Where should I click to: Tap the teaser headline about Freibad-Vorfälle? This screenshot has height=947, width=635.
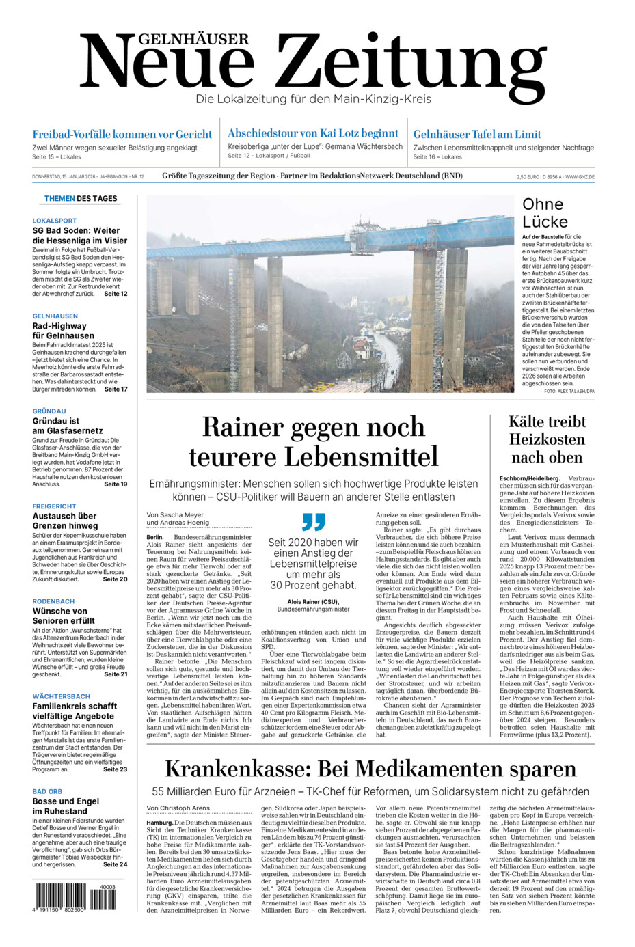[x=122, y=135]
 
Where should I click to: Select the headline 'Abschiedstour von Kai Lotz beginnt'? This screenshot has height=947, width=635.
[x=313, y=133]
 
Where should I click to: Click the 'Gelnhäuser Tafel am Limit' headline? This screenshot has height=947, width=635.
[x=477, y=135]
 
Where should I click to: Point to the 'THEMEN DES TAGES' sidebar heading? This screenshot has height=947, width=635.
[x=81, y=199]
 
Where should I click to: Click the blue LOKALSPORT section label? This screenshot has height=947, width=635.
[x=55, y=221]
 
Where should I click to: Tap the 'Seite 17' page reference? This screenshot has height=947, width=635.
[x=116, y=389]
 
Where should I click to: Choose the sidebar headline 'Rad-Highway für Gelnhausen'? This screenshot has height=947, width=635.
[x=64, y=331]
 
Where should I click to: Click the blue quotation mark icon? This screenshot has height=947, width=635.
[x=313, y=522]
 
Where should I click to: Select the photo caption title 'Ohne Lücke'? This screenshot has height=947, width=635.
[x=545, y=212]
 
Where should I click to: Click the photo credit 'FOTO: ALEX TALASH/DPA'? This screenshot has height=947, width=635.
[x=569, y=392]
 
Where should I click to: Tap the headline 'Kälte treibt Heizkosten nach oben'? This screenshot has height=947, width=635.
[x=547, y=439]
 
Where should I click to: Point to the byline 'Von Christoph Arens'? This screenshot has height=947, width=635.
[x=178, y=808]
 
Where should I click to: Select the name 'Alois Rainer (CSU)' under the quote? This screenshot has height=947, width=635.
[x=313, y=602]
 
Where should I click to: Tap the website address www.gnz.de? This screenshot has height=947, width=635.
[x=580, y=177]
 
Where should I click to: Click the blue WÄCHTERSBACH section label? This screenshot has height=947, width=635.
[x=61, y=696]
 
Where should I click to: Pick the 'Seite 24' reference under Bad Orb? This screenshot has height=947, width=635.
[x=115, y=864]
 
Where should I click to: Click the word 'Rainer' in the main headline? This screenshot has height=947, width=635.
[x=243, y=427]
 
